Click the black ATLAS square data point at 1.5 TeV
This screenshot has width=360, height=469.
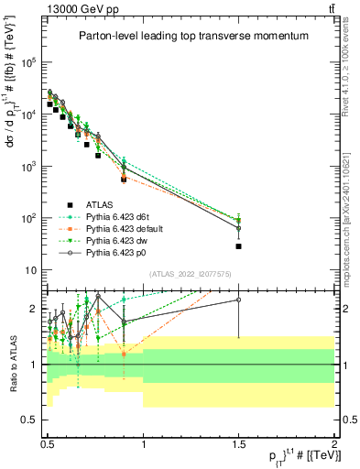coord(239,246)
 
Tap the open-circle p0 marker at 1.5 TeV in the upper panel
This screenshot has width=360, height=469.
coord(239,228)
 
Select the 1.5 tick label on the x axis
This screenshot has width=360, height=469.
coord(239,442)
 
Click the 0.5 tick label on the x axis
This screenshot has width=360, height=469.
coord(48,442)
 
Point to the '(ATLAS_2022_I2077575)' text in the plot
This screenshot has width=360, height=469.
coord(190,274)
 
